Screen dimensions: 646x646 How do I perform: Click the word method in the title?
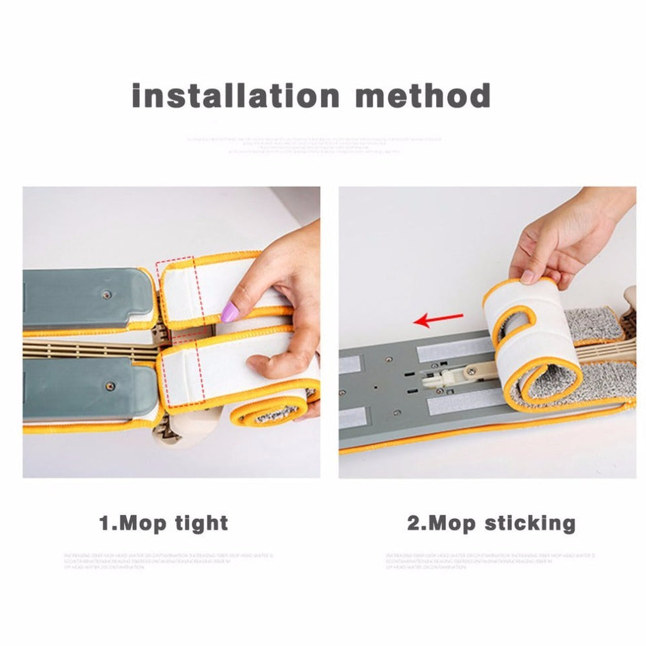pos(423,96)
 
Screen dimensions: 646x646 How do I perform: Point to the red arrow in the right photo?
pos(438,319)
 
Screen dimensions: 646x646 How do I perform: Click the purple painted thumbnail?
pos(230,312)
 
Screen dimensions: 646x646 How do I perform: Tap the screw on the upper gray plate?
pos(106,293)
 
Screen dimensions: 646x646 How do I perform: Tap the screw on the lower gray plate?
pos(110,386)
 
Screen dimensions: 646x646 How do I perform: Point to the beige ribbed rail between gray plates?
pos(87,349)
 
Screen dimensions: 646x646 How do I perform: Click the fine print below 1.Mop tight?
pos(168,561)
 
